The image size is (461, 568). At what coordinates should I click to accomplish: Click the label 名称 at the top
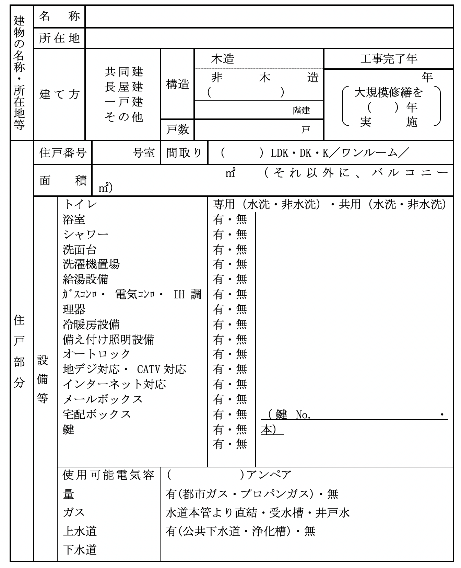coord(59,16)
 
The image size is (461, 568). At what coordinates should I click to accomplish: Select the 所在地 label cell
coord(59,38)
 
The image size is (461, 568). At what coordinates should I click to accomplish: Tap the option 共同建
coord(123,72)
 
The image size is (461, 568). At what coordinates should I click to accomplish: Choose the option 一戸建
coord(123,102)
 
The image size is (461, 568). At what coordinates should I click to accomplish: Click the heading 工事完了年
coord(389,59)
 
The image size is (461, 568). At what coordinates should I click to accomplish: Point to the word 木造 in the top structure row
coord(223,59)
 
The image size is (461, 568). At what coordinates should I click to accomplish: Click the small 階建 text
coord(302,110)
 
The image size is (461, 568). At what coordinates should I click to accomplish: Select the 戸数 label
coord(178,129)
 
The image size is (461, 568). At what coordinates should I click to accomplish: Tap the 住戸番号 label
coord(63,152)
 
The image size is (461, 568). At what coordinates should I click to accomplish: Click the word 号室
coord(144,153)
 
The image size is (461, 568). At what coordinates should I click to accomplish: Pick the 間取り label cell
coord(184,153)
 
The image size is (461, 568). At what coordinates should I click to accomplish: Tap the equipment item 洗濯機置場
coord(91,264)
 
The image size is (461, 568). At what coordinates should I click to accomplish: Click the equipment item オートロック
coord(97,354)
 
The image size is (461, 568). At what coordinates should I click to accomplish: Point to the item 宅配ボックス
coord(97,414)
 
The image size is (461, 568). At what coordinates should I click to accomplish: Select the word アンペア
coord(269,475)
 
